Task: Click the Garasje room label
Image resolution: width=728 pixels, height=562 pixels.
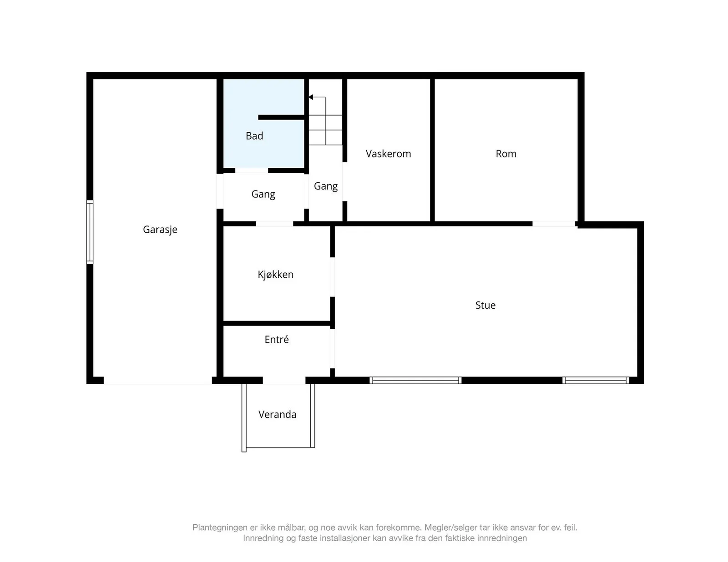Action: point(160,230)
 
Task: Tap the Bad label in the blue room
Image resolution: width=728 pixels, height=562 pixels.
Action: point(254,136)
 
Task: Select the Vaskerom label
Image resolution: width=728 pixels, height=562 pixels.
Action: point(388,154)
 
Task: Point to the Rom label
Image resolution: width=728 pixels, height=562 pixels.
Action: point(506,154)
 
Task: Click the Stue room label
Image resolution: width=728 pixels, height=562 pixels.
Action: point(485,305)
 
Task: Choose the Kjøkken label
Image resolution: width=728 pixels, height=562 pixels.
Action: point(275,275)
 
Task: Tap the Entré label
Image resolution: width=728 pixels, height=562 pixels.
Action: point(276,339)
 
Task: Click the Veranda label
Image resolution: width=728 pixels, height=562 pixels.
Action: point(278,415)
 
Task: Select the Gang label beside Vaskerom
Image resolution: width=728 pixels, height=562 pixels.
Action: point(326,186)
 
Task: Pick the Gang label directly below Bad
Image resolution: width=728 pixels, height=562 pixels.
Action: point(263,195)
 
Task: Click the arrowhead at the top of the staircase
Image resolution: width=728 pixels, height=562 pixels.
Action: point(311,97)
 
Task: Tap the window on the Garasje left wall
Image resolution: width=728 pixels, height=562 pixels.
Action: point(90,232)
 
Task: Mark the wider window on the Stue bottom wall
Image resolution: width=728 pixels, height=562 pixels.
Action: point(415,380)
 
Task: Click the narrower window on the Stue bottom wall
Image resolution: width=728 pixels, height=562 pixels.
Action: point(596,380)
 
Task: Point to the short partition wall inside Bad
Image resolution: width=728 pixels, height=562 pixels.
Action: point(281,117)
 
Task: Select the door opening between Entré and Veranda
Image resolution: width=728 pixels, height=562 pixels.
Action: point(284,380)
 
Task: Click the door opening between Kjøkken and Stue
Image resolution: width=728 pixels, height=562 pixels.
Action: point(332,277)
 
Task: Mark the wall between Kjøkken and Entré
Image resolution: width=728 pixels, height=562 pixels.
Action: point(277,323)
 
